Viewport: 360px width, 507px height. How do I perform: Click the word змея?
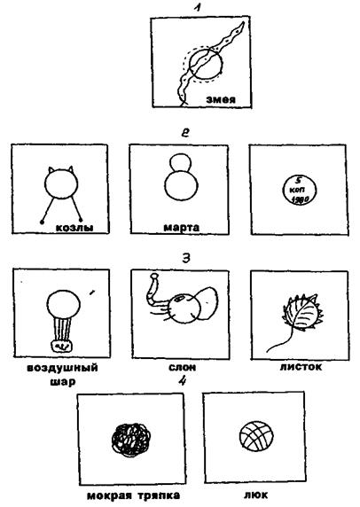[221, 99]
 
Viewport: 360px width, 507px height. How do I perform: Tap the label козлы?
[74, 227]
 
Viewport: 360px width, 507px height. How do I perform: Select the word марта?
[182, 228]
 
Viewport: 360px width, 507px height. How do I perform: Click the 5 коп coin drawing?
[299, 190]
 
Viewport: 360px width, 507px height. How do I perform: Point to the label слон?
[182, 367]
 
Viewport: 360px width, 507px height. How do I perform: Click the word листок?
[301, 367]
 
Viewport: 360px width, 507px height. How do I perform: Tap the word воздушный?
[62, 368]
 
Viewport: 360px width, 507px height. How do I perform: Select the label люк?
[255, 495]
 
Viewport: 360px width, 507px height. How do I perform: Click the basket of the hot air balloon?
[62, 346]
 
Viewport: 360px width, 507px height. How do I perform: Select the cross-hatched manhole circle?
[256, 436]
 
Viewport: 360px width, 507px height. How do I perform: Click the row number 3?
[186, 258]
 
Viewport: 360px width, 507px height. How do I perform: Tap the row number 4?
[183, 381]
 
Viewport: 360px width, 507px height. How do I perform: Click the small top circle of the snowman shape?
[181, 162]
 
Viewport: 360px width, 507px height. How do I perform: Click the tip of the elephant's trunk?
[154, 276]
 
